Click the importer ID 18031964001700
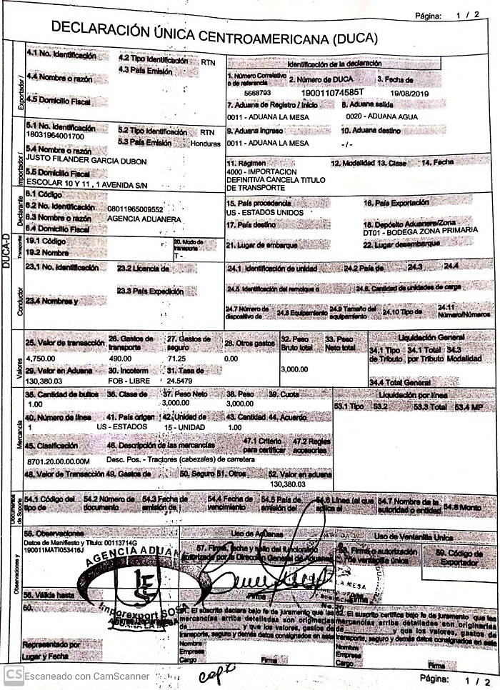point(54,136)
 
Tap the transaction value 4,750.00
point(41,358)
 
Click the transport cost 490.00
point(119,358)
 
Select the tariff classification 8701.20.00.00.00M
point(59,462)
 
